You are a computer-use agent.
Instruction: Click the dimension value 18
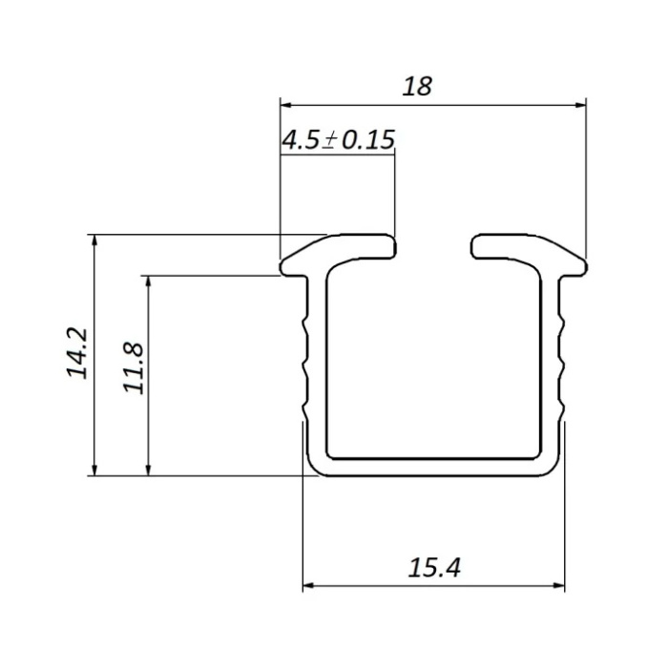point(417,86)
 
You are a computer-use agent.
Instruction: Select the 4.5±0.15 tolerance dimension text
point(338,139)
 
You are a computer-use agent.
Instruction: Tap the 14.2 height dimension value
point(77,353)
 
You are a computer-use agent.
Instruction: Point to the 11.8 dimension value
point(134,367)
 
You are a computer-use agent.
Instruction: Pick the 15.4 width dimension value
point(434,568)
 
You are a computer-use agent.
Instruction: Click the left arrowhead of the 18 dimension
point(285,105)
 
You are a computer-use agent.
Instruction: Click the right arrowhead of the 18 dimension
point(580,105)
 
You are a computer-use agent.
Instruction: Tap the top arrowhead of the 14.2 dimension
point(95,240)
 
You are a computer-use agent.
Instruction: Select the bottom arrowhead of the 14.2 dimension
point(95,470)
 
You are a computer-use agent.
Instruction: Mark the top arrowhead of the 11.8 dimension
point(148,282)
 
